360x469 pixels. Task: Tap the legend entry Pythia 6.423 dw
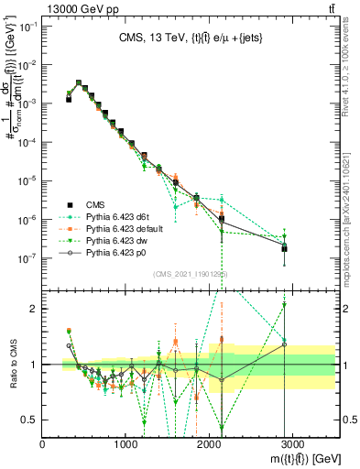tap(113, 241)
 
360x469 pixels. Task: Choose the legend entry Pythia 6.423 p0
tap(113, 253)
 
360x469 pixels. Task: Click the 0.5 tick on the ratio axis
tap(32, 420)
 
